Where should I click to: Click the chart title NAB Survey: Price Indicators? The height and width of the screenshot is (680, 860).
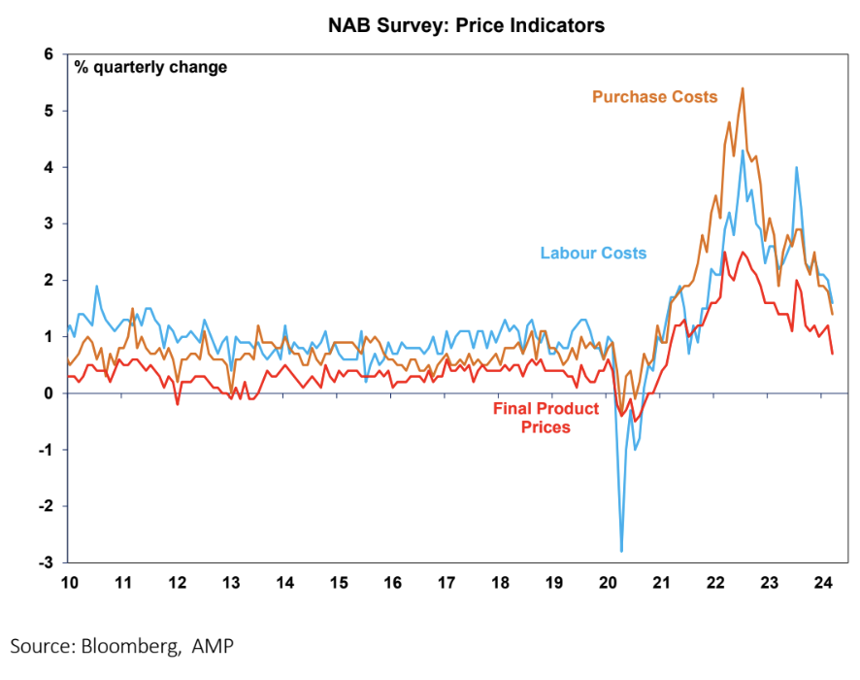466,26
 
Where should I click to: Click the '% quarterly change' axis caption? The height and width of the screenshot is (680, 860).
150,68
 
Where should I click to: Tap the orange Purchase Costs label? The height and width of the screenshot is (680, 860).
654,96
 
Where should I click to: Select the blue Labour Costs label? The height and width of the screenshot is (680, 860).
593,254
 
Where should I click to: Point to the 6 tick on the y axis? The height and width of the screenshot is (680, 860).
48,54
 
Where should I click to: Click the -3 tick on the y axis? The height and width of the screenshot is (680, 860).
45,562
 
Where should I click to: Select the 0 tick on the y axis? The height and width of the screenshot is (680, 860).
48,393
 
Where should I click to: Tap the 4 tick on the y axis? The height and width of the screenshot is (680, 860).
48,168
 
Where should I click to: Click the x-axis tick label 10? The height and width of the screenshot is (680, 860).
69,583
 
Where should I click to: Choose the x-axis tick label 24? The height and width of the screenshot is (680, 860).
822,583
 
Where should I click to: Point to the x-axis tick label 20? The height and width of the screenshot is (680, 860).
608,583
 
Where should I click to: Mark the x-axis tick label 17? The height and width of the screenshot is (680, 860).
447,583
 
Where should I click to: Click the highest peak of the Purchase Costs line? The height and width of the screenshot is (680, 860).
743,88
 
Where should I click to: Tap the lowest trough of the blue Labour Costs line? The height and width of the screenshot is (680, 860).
621,551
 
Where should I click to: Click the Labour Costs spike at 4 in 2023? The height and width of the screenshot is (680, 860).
797,168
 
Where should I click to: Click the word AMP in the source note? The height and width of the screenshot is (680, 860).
213,645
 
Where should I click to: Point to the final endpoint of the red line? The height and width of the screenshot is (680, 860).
832,354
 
